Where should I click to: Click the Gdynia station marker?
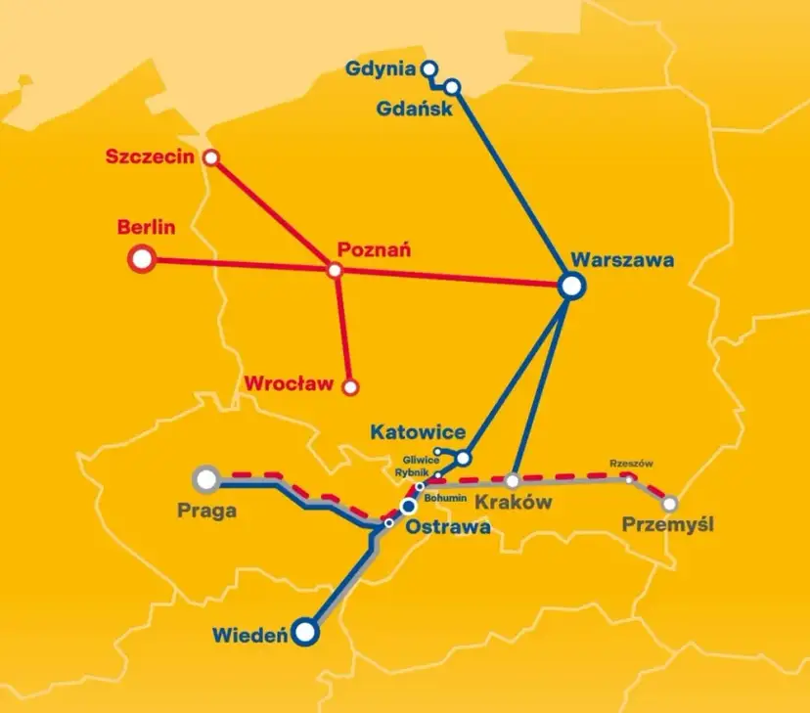(x=427, y=68)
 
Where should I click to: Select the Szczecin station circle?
(x=210, y=156)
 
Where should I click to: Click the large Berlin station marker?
(x=143, y=259)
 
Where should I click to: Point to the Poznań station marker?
(x=336, y=270)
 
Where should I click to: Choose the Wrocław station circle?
(x=350, y=386)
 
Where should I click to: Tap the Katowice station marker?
(x=464, y=457)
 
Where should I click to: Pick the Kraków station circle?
(x=512, y=480)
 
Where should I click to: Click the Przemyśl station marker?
(x=670, y=504)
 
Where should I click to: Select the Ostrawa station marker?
(x=408, y=506)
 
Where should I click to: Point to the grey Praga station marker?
(x=206, y=478)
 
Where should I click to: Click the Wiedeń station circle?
(x=307, y=632)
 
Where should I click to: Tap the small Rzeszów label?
(x=630, y=463)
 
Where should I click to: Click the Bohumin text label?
(x=445, y=497)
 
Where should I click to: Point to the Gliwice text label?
(x=422, y=460)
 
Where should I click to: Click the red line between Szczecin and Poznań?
(x=274, y=214)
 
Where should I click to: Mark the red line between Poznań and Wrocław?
(x=343, y=329)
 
